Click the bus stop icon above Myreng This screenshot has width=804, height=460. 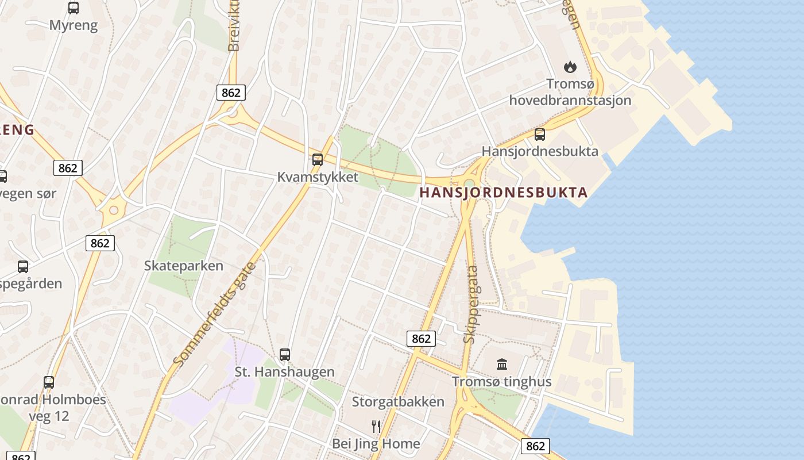74,8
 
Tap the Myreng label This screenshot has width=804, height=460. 74,25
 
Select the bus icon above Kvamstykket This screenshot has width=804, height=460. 318,160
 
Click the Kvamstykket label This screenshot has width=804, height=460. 318,177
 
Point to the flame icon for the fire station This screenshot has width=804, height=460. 570,67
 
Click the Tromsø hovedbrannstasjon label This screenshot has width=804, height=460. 570,92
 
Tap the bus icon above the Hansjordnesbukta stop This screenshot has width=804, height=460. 540,135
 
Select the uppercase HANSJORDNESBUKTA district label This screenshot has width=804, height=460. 504,193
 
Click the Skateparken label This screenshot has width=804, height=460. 183,266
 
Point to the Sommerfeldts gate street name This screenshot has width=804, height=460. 214,314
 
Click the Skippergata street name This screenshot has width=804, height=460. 471,304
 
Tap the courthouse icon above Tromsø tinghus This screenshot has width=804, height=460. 502,364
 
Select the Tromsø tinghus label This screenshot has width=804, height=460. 501,382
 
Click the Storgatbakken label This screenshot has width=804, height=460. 398,401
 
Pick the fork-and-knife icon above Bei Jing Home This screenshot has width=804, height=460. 376,426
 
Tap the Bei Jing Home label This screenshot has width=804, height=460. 376,444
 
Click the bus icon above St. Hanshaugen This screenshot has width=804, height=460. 285,355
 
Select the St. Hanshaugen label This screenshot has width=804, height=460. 285,372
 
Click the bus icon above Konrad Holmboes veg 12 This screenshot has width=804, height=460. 49,382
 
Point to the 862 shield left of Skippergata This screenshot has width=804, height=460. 421,339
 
